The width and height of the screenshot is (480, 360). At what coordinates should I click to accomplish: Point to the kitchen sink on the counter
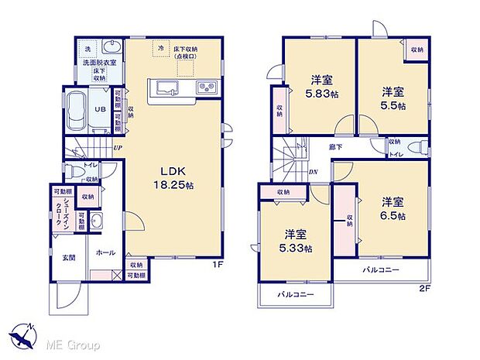coord(165,86)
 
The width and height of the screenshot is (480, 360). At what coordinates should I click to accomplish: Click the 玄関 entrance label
coord(68,258)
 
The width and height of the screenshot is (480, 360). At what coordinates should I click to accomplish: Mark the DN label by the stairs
coord(313,172)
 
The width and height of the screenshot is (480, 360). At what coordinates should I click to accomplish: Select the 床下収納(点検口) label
coord(190,52)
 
